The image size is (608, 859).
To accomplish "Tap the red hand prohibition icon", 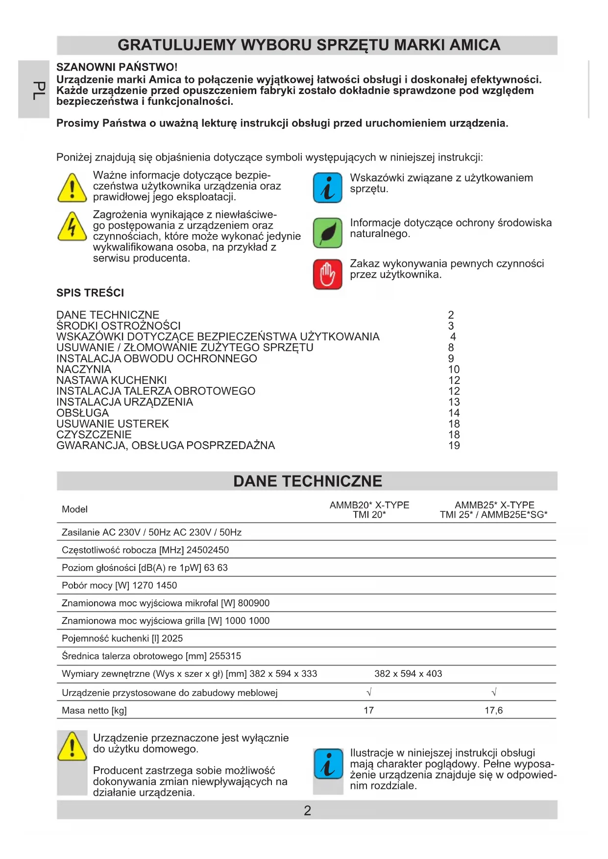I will [x=327, y=274].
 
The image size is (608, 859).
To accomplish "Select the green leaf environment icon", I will [x=327, y=233].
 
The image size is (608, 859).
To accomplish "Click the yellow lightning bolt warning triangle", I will [x=73, y=227].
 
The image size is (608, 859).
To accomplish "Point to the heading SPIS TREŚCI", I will [x=90, y=293].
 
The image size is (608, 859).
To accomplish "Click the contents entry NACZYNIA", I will [x=84, y=369].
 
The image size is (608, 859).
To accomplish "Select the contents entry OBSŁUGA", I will [x=82, y=413].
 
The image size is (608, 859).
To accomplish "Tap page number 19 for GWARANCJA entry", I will [x=454, y=446].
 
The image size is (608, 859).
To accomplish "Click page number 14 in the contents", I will [x=454, y=413].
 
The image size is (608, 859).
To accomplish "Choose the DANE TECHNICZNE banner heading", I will [x=307, y=481].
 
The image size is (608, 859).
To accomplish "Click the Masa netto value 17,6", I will [x=493, y=710].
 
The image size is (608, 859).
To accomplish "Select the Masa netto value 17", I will [x=369, y=710].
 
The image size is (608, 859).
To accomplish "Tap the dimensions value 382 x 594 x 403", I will [x=408, y=674].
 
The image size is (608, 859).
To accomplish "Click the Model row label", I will [x=74, y=509].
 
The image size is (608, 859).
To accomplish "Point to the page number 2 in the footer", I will [x=307, y=811].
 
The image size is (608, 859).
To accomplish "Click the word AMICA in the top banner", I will [x=475, y=45].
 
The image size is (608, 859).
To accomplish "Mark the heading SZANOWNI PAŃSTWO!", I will [x=117, y=67].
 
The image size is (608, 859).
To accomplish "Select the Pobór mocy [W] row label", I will [x=88, y=585].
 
